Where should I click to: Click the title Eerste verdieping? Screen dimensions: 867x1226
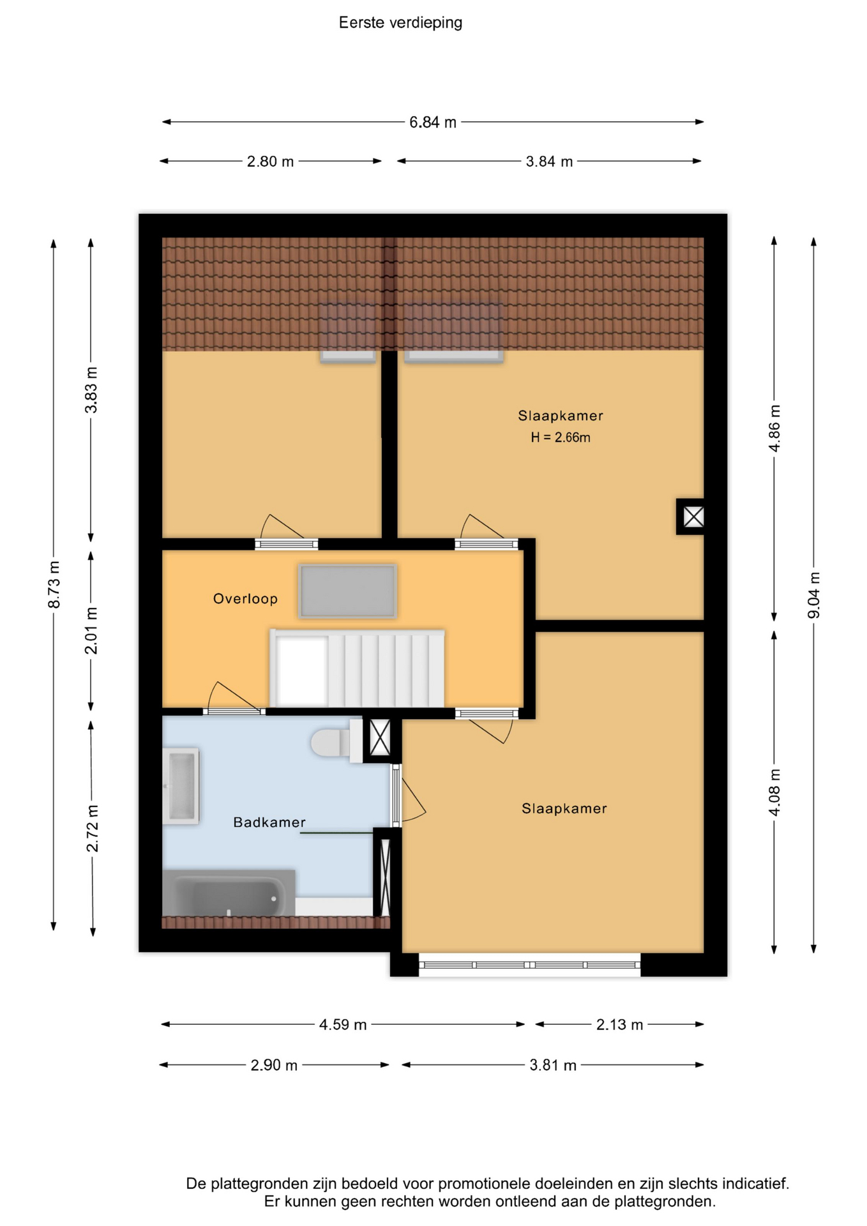(x=400, y=22)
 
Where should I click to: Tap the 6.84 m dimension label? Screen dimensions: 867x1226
(x=433, y=122)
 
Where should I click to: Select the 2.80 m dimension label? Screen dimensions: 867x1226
(x=270, y=162)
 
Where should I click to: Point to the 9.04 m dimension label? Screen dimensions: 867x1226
(x=814, y=595)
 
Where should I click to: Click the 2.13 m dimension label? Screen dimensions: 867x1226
(x=619, y=1024)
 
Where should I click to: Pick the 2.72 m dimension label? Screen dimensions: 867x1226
(x=93, y=828)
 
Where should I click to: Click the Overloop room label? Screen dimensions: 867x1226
(x=245, y=598)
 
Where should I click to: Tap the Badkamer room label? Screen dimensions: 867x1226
(x=269, y=822)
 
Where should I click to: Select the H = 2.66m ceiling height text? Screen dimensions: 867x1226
(x=561, y=437)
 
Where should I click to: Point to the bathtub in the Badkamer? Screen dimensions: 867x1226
(x=229, y=893)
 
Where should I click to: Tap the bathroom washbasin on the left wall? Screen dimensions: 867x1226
(x=181, y=786)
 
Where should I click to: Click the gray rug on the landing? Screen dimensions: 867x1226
(x=347, y=591)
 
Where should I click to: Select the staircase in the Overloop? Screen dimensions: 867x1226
(x=357, y=668)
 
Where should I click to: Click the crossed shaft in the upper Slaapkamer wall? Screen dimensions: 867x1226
(x=693, y=516)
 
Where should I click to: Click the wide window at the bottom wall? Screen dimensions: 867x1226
(x=529, y=964)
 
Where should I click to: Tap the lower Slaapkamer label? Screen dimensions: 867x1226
(x=564, y=808)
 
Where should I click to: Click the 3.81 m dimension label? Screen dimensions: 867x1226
(x=553, y=1065)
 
